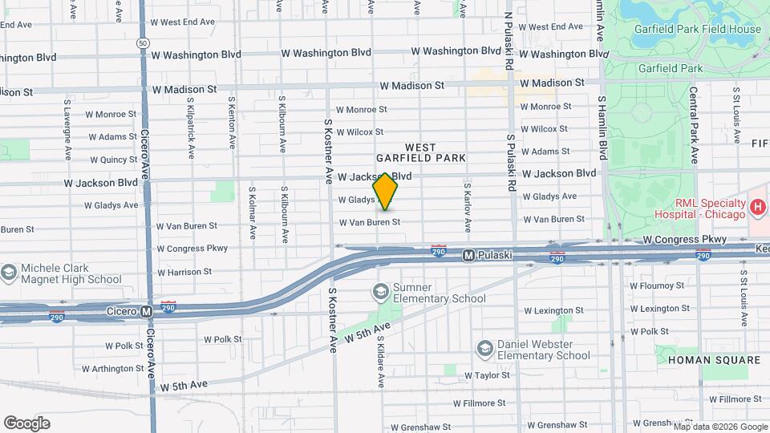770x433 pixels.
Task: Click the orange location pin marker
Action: click(x=386, y=192)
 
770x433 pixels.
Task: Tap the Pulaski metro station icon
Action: click(x=468, y=255)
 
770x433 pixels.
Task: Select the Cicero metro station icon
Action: click(x=146, y=311)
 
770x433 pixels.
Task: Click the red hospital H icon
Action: click(x=757, y=208)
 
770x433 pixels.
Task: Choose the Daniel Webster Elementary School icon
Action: click(x=485, y=349)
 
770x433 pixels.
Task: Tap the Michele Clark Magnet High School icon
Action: click(x=9, y=273)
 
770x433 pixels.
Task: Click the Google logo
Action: click(x=26, y=423)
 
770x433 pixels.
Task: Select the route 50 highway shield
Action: click(x=142, y=42)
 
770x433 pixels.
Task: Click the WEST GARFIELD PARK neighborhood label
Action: click(x=420, y=152)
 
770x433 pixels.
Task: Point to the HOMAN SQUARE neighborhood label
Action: click(x=714, y=360)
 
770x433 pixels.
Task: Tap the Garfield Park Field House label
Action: click(x=696, y=30)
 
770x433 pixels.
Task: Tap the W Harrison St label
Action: click(x=184, y=272)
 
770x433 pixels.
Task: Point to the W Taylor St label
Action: click(x=481, y=374)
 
